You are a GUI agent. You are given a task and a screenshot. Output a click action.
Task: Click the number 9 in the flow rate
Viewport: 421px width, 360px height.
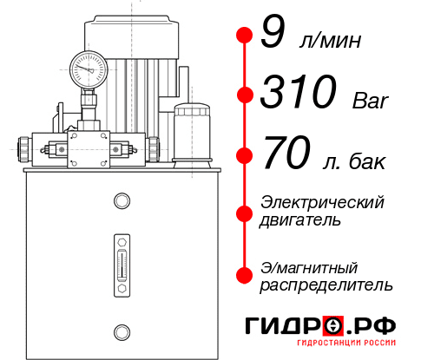click(273, 36)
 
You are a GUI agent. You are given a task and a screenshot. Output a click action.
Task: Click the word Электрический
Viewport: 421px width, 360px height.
click(322, 203)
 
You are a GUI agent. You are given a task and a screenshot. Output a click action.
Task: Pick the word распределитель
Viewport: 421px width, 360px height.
click(326, 284)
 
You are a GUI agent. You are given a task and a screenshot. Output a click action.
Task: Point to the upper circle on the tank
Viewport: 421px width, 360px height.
click(121, 201)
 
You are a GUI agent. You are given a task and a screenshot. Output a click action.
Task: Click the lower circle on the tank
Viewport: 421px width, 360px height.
click(121, 330)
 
